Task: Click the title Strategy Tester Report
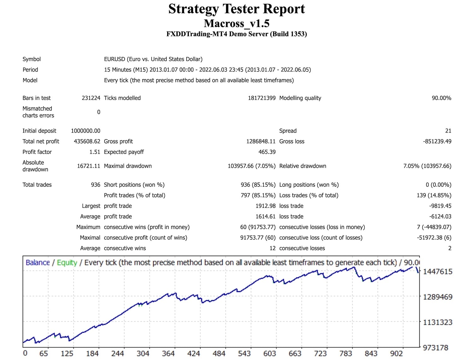[x=237, y=9]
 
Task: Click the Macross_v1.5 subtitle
[x=237, y=23]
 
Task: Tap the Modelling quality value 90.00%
[x=441, y=98]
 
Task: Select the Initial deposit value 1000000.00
[x=85, y=131]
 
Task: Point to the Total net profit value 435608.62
[x=87, y=141]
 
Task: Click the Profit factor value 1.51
[x=95, y=152]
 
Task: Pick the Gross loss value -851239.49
[x=437, y=141]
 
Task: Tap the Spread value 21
[x=448, y=131]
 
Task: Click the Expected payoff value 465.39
[x=267, y=152]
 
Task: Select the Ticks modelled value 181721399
[x=261, y=98]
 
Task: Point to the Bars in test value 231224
[x=91, y=98]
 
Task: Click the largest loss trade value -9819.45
[x=440, y=206]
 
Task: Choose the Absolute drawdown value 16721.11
[x=88, y=166]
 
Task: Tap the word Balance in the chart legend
[x=38, y=262]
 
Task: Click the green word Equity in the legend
[x=67, y=262]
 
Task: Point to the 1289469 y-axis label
[x=437, y=297]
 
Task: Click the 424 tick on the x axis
[x=194, y=353]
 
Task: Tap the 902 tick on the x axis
[x=396, y=353]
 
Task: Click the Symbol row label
[x=32, y=59]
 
